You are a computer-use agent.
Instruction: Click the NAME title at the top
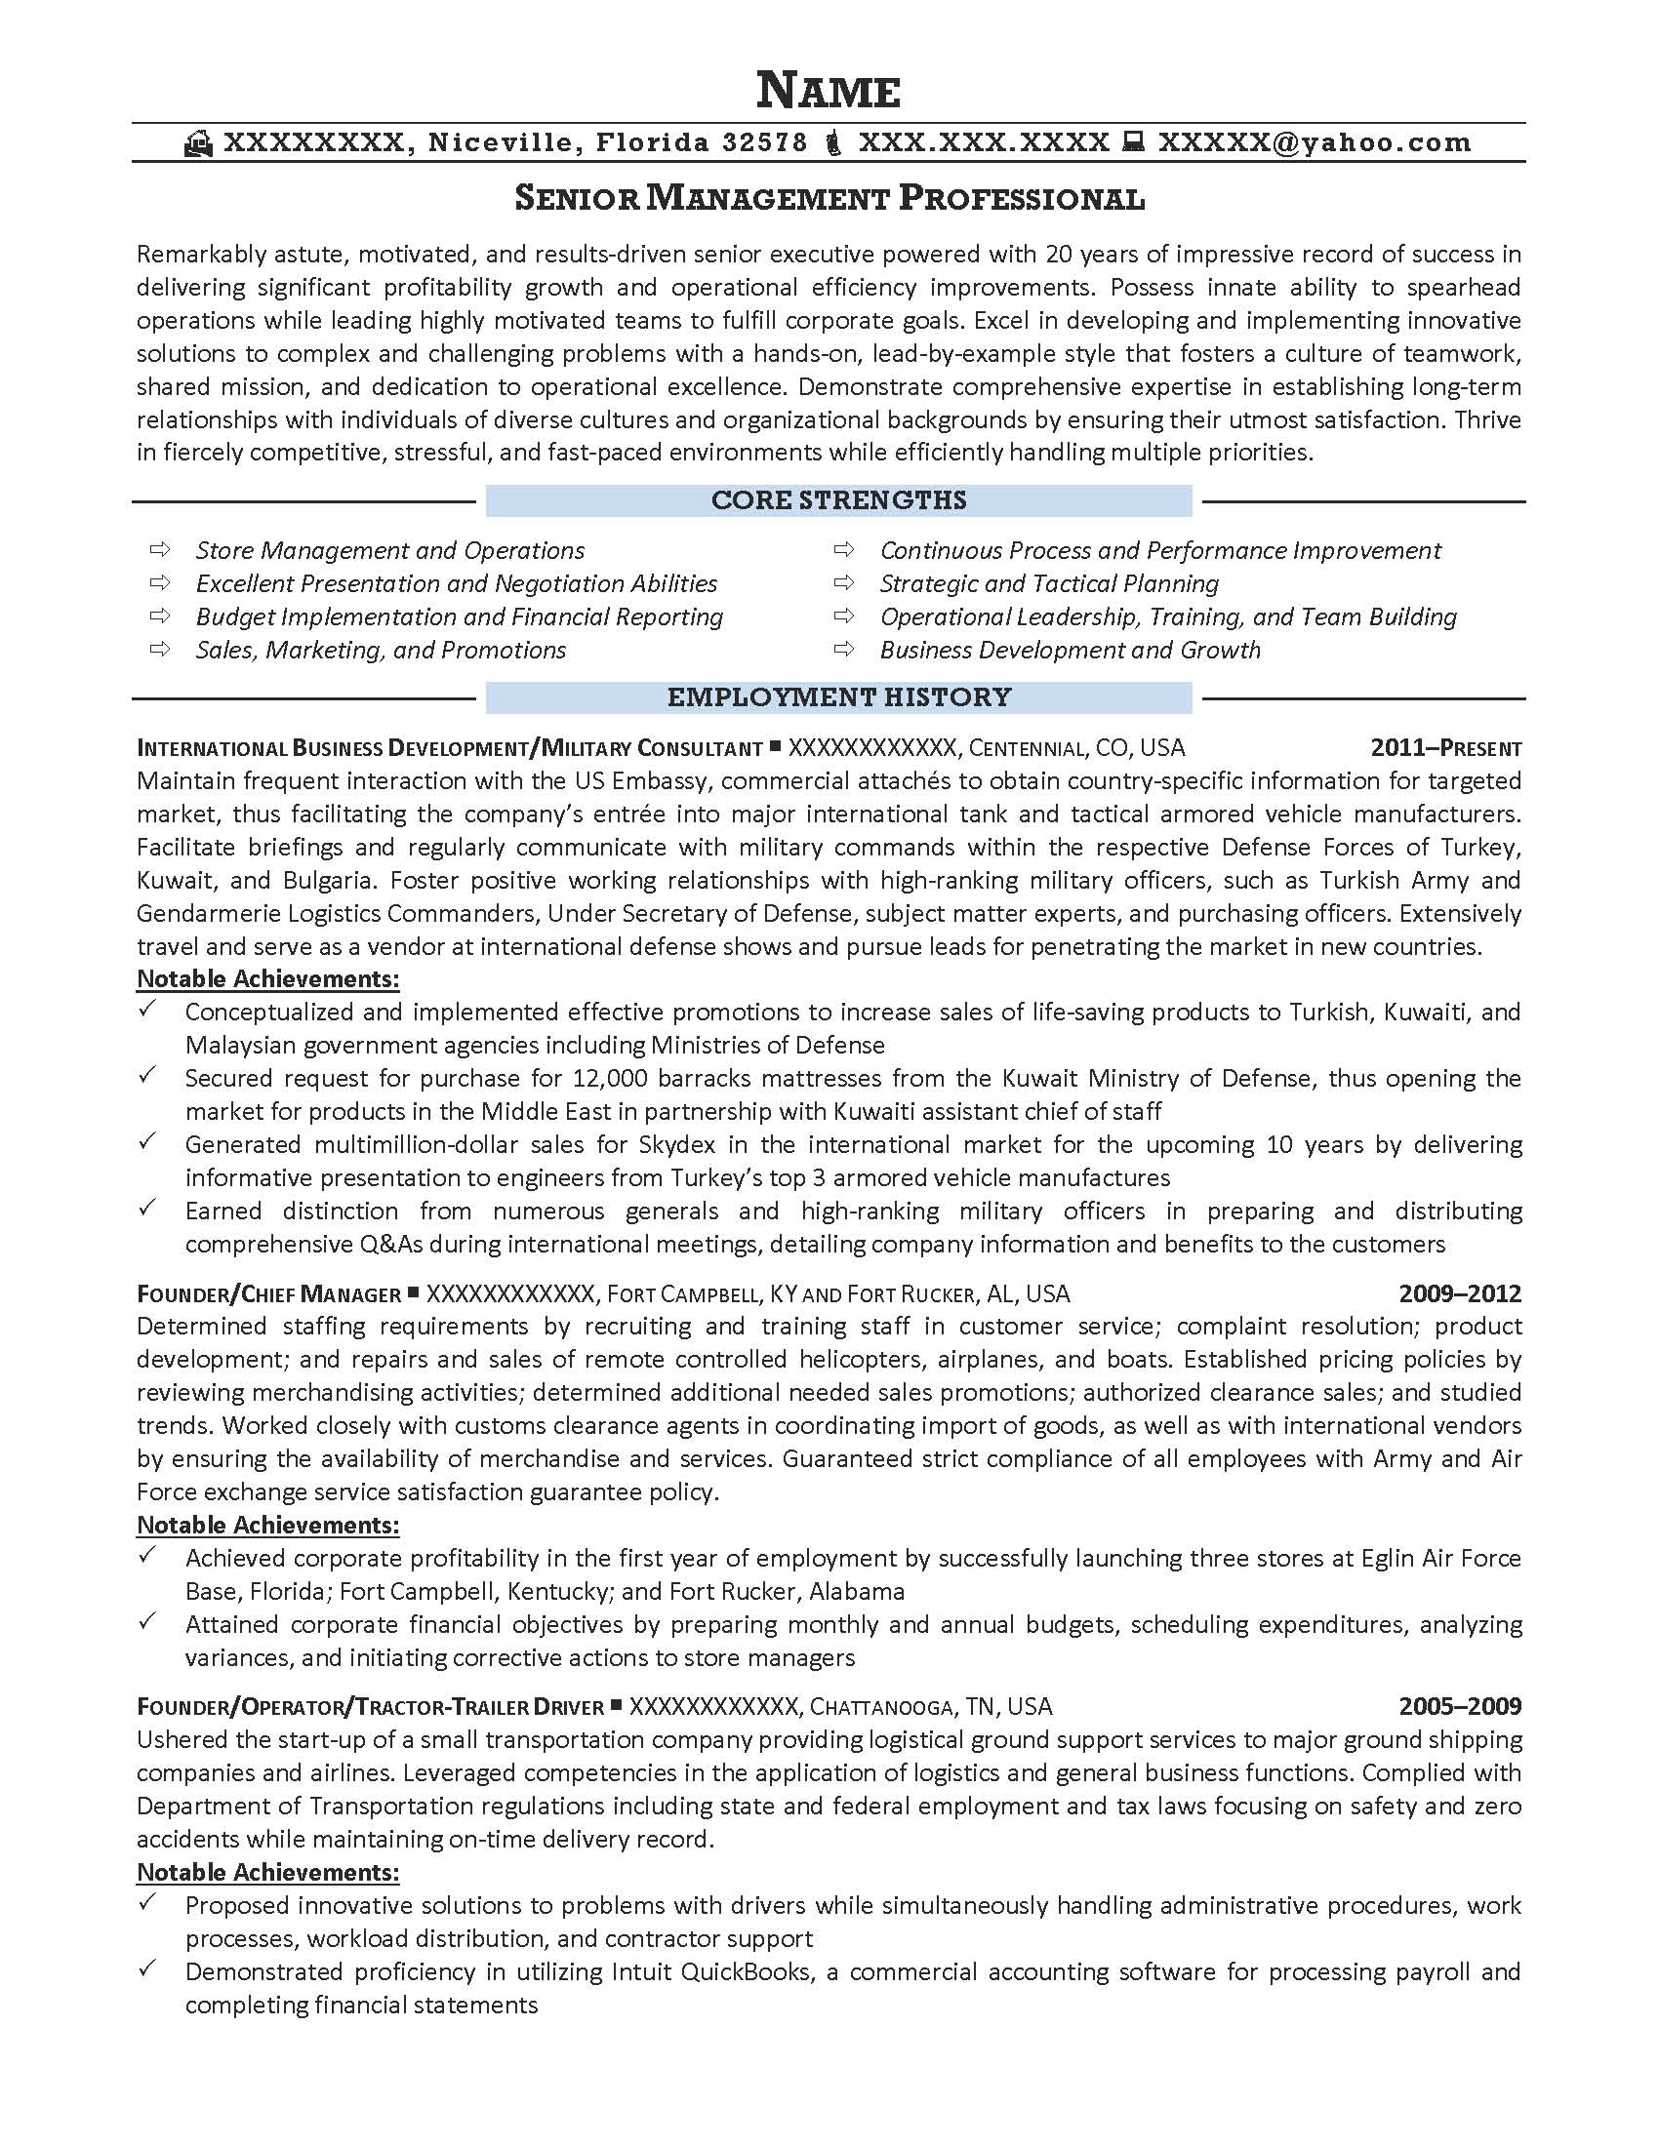(829, 91)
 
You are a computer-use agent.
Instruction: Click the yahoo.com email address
(1315, 143)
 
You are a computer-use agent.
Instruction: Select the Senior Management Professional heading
(829, 198)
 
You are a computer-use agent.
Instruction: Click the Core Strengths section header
(838, 500)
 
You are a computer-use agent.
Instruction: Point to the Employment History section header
(838, 697)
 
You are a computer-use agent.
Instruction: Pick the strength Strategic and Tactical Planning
(1049, 583)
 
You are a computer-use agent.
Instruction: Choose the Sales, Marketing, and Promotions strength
(381, 651)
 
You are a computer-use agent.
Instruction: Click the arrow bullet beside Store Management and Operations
(159, 549)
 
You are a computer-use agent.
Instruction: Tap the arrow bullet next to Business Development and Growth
(843, 649)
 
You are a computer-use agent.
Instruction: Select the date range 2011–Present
(1444, 749)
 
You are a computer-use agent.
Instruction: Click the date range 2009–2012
(1460, 1294)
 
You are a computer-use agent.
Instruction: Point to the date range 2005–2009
(1460, 1707)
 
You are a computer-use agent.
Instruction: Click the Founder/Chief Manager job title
(269, 1295)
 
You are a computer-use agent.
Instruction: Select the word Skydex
(680, 1145)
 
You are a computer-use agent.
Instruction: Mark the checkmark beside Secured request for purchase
(147, 1075)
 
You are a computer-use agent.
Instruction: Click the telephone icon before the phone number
(832, 143)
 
